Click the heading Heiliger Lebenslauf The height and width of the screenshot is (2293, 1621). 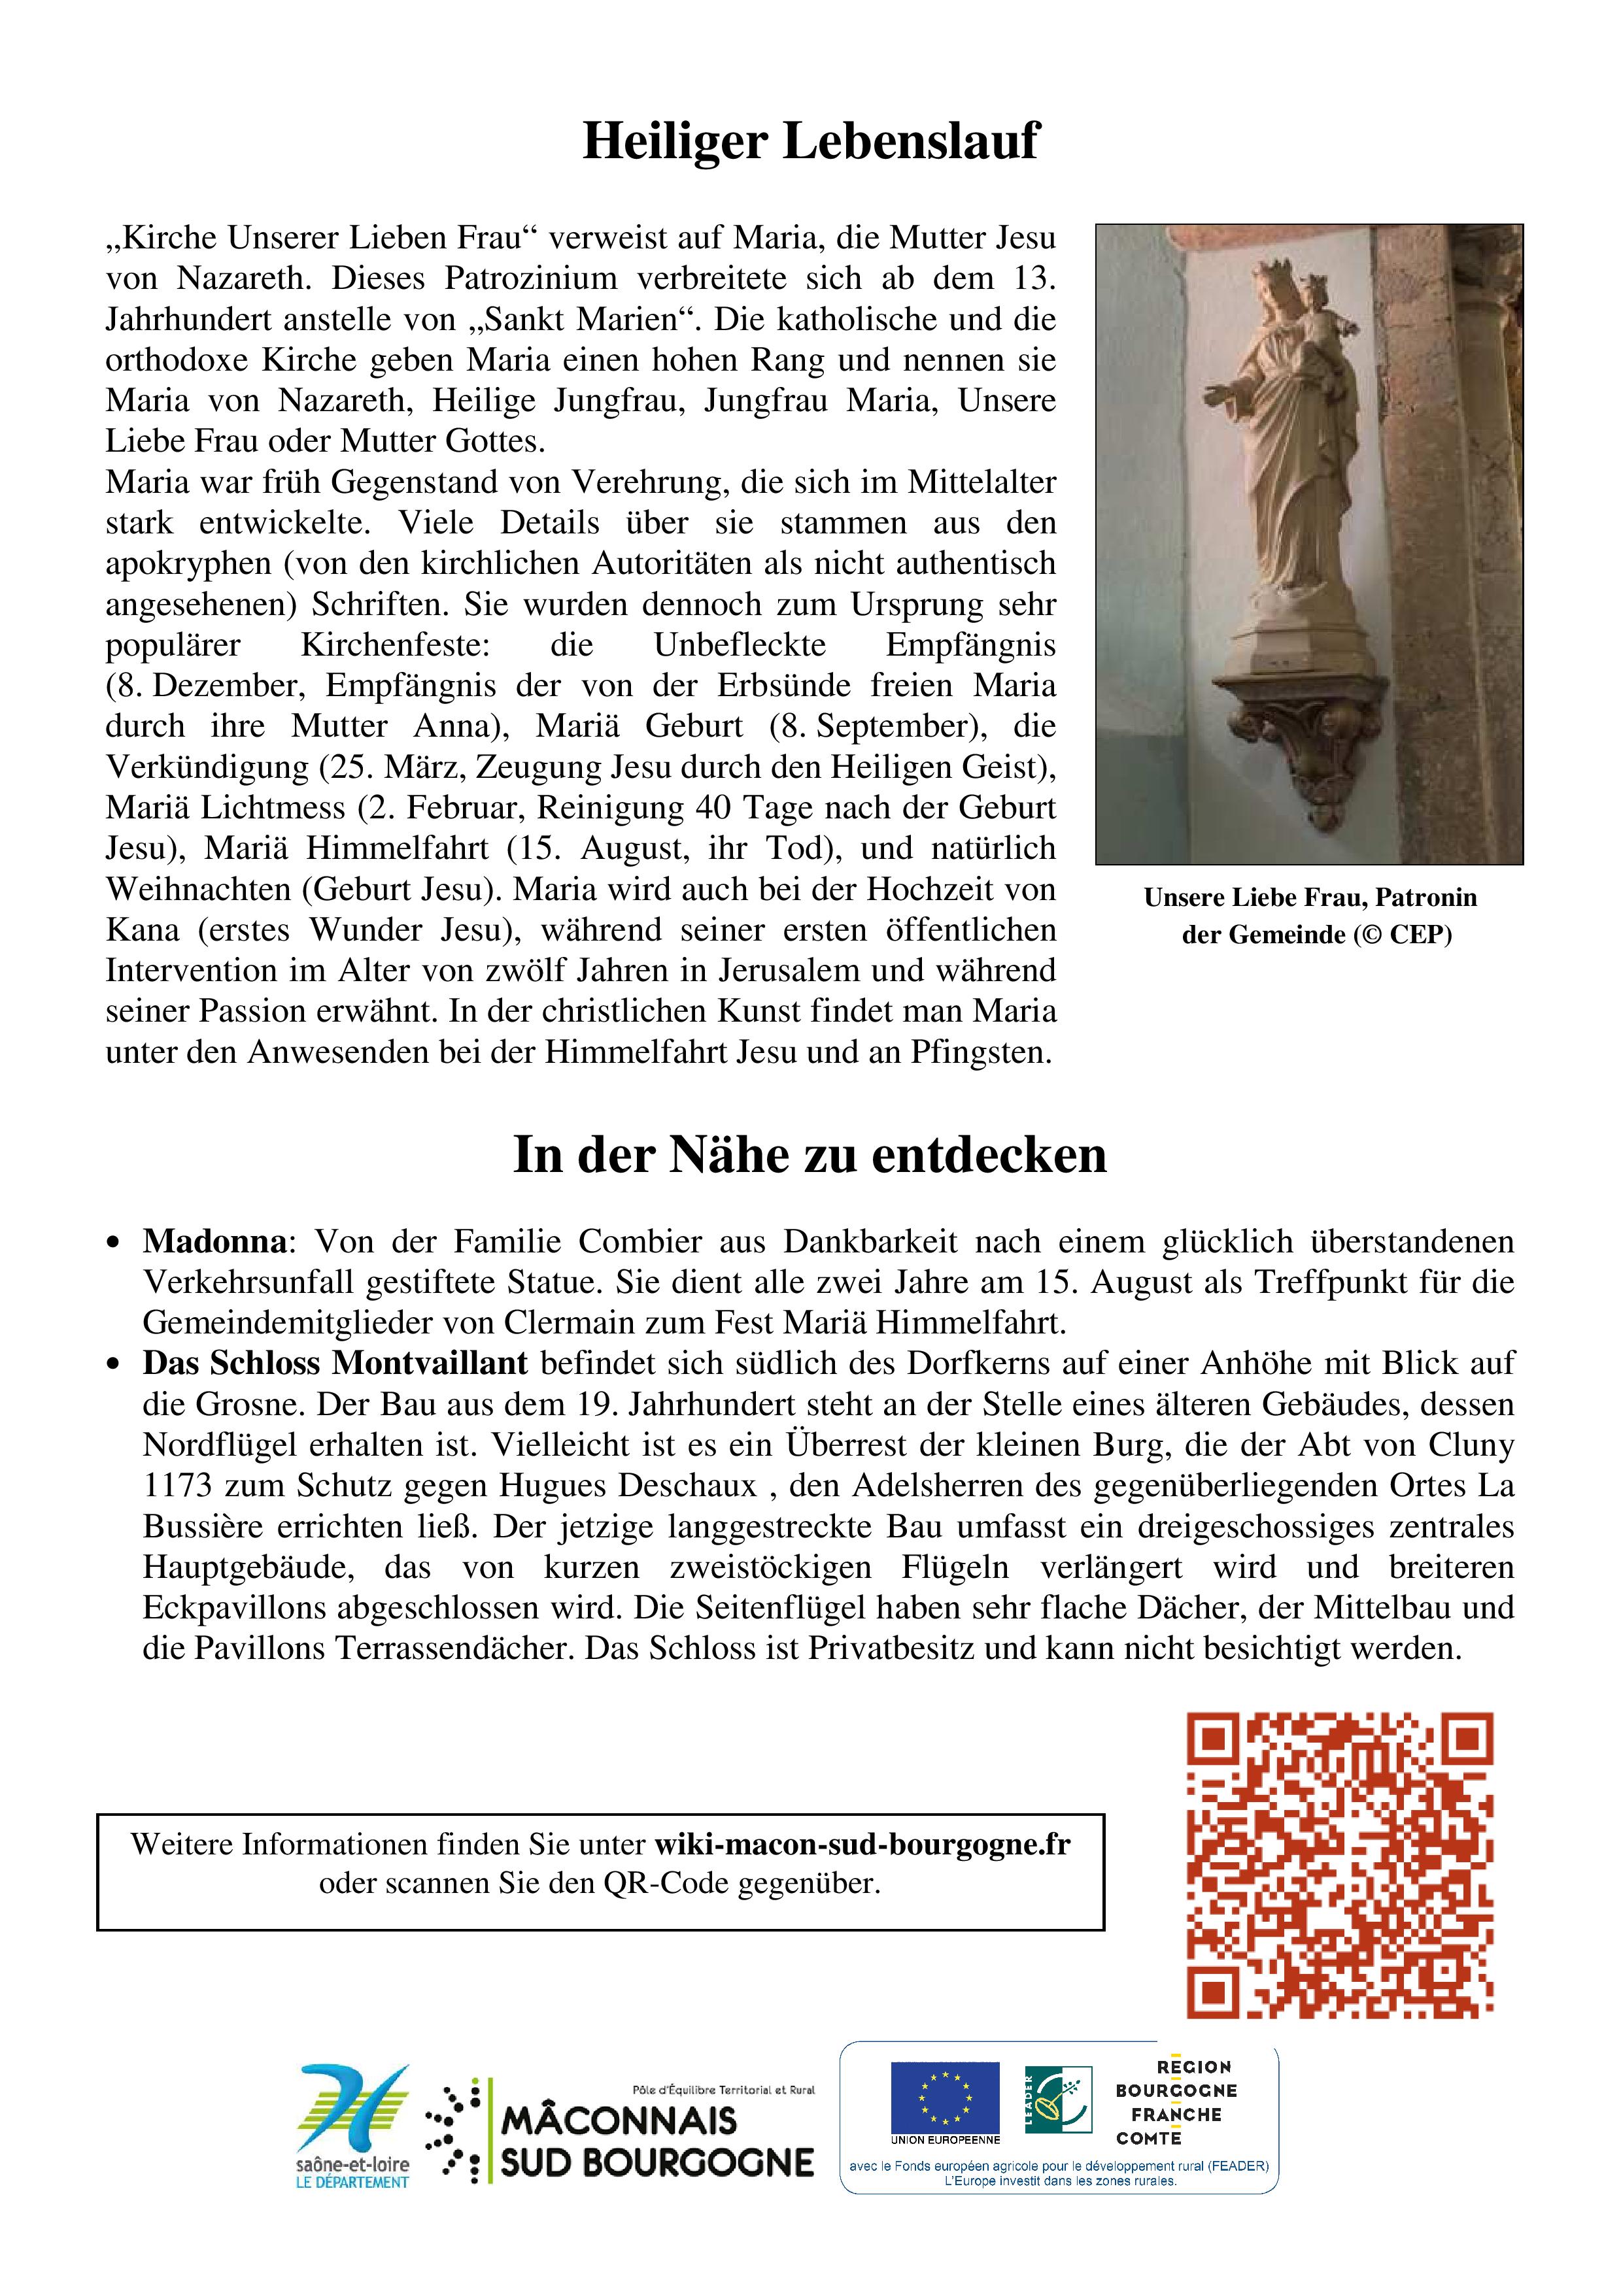810,141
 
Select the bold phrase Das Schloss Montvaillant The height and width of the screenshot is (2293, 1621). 335,1364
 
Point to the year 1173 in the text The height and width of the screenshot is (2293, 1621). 178,1485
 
